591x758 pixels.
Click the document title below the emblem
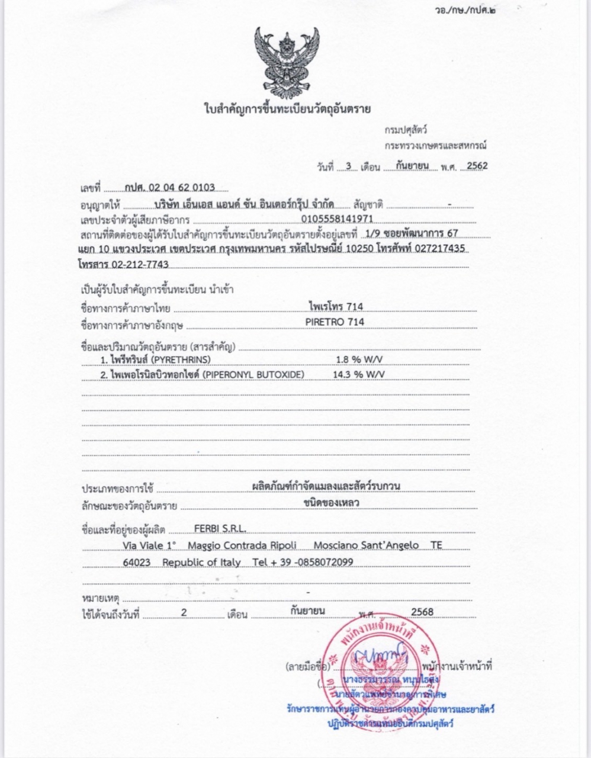pos(287,109)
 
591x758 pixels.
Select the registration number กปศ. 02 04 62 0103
pos(169,188)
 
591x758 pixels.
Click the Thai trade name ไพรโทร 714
pos(336,306)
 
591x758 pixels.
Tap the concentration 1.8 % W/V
pos(361,359)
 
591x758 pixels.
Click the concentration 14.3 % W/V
pos(359,374)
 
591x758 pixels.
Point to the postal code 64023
pos(136,562)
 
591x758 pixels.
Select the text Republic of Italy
pos(201,562)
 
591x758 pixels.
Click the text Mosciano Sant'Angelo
pos(366,545)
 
